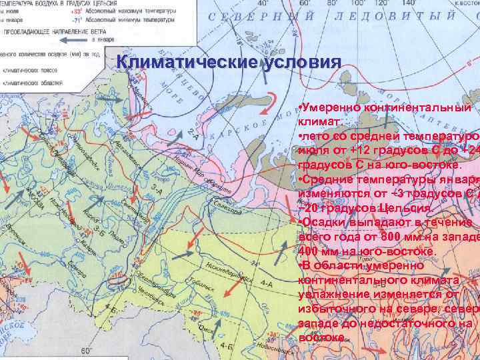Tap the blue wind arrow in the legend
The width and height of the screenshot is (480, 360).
point(69,41)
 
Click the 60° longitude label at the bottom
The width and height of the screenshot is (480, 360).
point(85,351)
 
